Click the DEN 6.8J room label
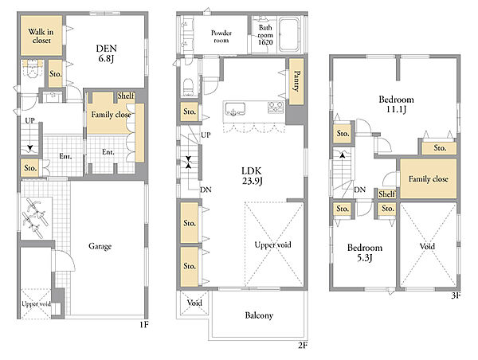point(107,53)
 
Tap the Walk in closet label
point(41,36)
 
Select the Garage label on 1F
point(100,246)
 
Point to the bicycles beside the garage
point(35,217)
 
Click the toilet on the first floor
point(32,68)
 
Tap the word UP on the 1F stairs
point(30,121)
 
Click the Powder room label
point(221,37)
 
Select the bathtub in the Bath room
point(289,34)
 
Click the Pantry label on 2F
point(296,81)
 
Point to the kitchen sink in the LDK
point(235,109)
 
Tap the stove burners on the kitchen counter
point(276,107)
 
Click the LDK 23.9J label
point(252,176)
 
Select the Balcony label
point(259,315)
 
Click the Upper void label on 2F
point(272,245)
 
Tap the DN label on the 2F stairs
point(206,190)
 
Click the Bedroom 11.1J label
point(396,104)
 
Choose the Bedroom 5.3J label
point(365,252)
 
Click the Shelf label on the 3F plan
point(387,194)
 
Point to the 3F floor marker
point(456,295)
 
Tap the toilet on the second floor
point(189,86)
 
